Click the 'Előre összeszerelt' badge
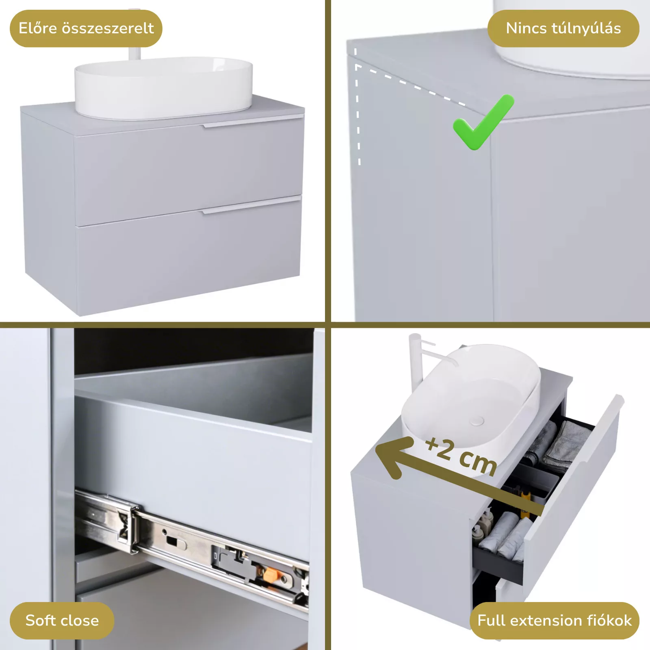pyautogui.click(x=86, y=28)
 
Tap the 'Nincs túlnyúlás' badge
pyautogui.click(x=563, y=28)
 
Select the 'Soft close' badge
pyautogui.click(x=62, y=620)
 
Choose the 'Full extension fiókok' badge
pyautogui.click(x=555, y=620)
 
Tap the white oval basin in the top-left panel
pyautogui.click(x=163, y=88)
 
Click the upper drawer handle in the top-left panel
pyautogui.click(x=253, y=121)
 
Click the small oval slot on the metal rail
pyautogui.click(x=175, y=542)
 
